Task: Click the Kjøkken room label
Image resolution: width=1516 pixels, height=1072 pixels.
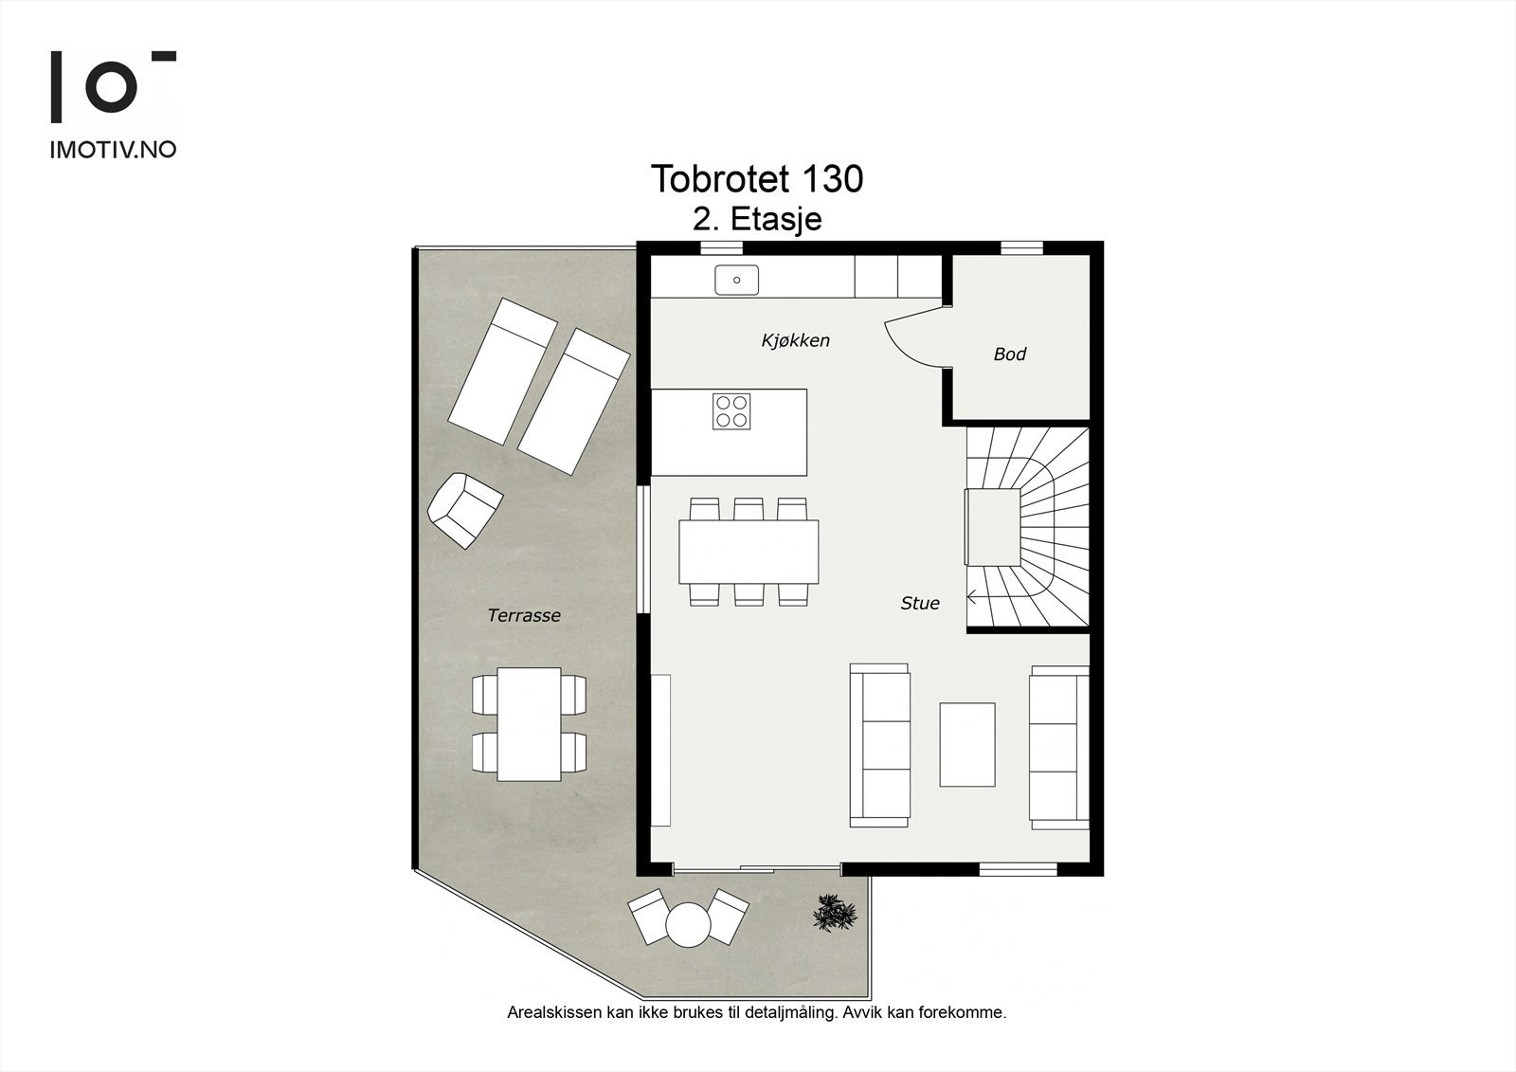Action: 795,340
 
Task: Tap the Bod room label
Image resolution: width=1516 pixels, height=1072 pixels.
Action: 1010,354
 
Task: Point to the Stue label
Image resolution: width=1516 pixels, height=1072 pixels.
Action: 920,604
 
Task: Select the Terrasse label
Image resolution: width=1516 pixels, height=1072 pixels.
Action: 524,615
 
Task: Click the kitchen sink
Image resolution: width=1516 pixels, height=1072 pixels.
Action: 736,280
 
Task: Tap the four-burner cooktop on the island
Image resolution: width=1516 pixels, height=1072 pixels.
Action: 731,411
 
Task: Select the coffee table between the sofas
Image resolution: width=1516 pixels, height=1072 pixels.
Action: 967,745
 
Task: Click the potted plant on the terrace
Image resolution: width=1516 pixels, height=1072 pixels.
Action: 835,912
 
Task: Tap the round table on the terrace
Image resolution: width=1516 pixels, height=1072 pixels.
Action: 688,924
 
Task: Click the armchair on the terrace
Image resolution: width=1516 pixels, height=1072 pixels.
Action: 465,511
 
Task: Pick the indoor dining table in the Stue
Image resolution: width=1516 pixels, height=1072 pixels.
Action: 749,552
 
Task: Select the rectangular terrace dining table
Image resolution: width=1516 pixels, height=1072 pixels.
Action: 530,724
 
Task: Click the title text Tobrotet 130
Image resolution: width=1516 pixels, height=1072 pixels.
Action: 757,179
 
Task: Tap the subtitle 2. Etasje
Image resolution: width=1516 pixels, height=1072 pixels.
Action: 757,219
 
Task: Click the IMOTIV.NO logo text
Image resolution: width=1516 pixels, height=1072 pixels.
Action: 113,150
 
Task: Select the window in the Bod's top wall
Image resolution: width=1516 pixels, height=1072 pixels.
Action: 1022,247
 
